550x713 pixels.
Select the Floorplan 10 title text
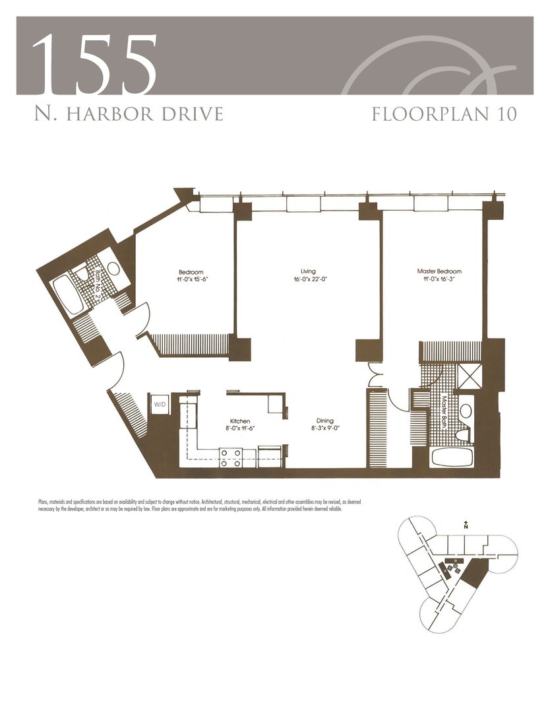(444, 113)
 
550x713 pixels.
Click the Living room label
(307, 271)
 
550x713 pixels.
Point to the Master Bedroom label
(439, 271)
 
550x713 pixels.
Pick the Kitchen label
(239, 421)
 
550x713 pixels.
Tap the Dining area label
(324, 421)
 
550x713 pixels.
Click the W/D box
(160, 404)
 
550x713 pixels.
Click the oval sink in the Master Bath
(466, 411)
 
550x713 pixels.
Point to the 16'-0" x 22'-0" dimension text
(307, 280)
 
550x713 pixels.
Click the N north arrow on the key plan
(466, 526)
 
